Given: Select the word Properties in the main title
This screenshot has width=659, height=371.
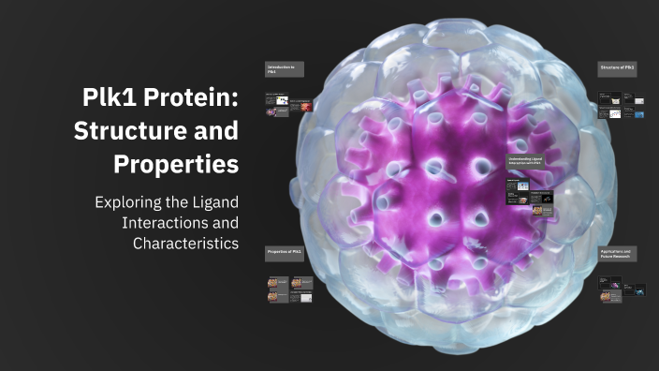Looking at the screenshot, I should [176, 165].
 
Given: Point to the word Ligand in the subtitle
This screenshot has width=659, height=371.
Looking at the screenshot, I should [209, 202].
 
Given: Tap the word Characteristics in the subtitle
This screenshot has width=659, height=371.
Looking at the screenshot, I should [186, 244].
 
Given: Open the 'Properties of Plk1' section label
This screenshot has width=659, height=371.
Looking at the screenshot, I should [284, 253].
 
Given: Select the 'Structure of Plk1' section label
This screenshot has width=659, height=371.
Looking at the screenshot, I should [617, 68].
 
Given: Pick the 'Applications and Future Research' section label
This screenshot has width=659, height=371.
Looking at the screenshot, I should [617, 254].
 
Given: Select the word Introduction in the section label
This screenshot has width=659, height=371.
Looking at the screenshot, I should [280, 67].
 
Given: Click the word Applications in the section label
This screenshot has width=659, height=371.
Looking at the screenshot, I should [613, 251].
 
